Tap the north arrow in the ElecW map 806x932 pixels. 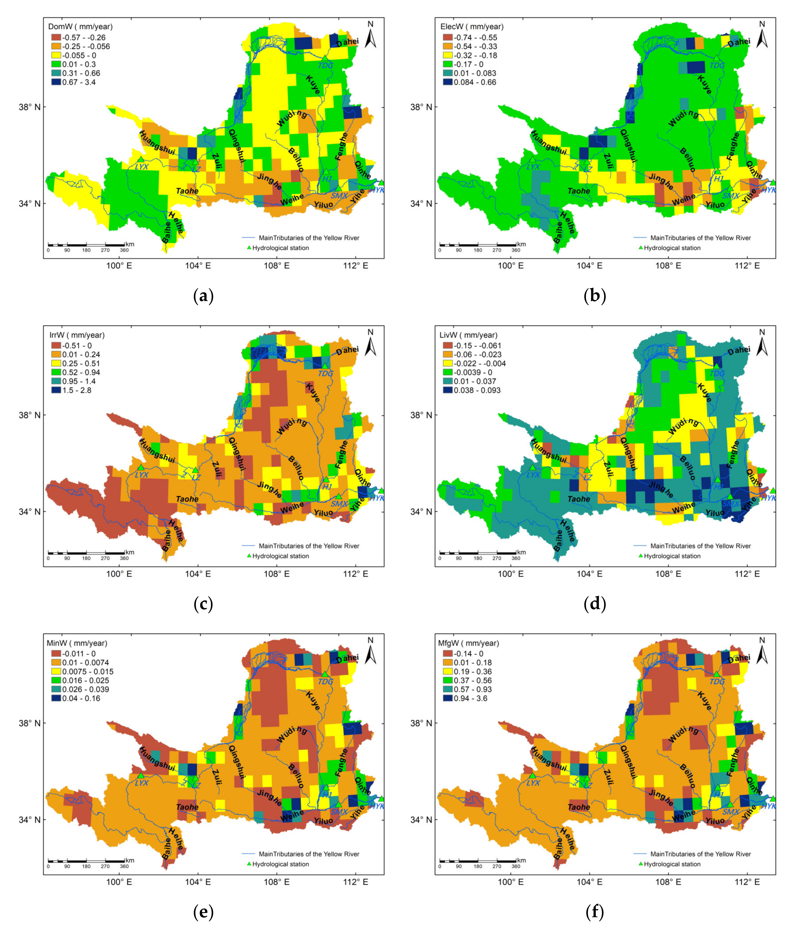[x=762, y=35]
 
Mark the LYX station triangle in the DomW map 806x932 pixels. [x=141, y=159]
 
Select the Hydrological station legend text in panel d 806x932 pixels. [x=672, y=556]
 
